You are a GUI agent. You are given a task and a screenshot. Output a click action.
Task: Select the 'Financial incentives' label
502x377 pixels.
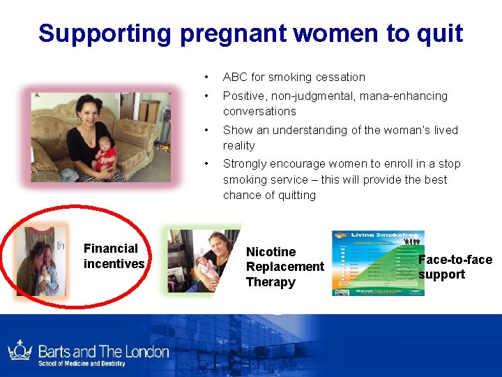[114, 256]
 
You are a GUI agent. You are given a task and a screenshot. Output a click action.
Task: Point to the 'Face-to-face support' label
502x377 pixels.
[455, 267]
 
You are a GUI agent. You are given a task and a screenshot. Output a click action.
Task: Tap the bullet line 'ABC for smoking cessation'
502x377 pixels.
[294, 77]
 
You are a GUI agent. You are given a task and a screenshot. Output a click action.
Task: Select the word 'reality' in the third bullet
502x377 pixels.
[238, 145]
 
